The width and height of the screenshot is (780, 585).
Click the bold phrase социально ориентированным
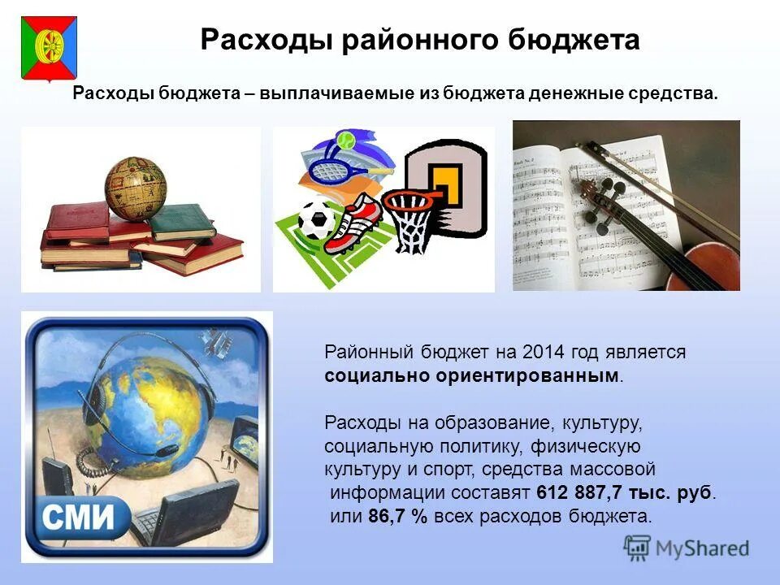[x=471, y=376]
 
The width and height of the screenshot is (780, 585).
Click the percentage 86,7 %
[x=396, y=516]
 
